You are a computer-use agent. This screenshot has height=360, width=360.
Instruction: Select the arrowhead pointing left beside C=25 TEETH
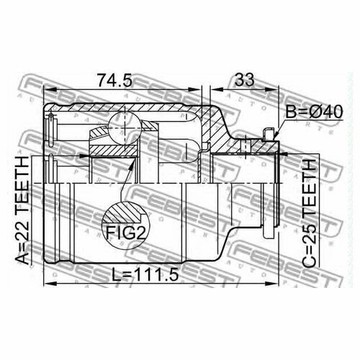click(x=285, y=154)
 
